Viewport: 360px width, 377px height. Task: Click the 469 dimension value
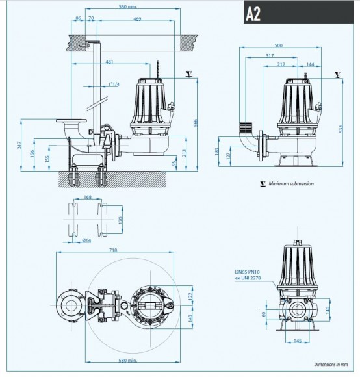point(137,20)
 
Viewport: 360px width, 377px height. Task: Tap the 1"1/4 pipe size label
point(115,84)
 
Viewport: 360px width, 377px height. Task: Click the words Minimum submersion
point(291,184)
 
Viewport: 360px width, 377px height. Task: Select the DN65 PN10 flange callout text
point(248,275)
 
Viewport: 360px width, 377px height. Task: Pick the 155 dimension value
point(47,159)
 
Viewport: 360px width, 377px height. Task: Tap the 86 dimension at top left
point(79,20)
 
